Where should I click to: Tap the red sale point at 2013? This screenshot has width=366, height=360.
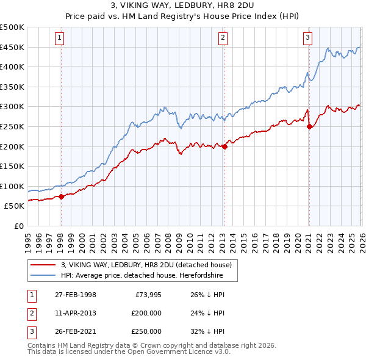224,146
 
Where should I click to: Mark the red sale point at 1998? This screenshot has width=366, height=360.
61,196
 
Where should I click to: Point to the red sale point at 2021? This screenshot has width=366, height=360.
309,127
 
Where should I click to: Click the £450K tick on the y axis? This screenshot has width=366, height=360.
12,48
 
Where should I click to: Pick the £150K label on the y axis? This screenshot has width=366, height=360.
12,167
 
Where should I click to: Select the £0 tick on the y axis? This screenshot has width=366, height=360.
18,226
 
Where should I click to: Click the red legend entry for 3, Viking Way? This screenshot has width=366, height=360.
146,265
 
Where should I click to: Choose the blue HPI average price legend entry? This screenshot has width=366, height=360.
146,275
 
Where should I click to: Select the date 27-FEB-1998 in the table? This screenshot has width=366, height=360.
76,295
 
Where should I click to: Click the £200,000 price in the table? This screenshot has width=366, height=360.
146,313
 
